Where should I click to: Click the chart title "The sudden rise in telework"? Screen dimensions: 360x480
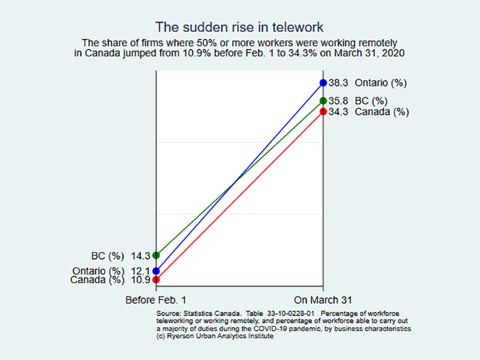coord(240,27)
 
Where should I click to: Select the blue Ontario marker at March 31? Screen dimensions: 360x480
coord(323,83)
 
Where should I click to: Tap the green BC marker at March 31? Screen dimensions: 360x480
coord(323,101)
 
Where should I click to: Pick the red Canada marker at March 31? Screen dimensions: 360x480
coord(323,111)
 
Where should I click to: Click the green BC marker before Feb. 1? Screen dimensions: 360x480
coord(156,255)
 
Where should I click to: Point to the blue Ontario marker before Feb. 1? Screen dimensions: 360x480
coord(156,271)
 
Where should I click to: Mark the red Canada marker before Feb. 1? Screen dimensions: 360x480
coord(156,279)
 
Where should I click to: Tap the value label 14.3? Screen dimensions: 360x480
coord(140,255)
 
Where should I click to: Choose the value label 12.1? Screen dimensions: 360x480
coord(140,271)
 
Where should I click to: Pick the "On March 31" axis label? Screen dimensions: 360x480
coord(323,299)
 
